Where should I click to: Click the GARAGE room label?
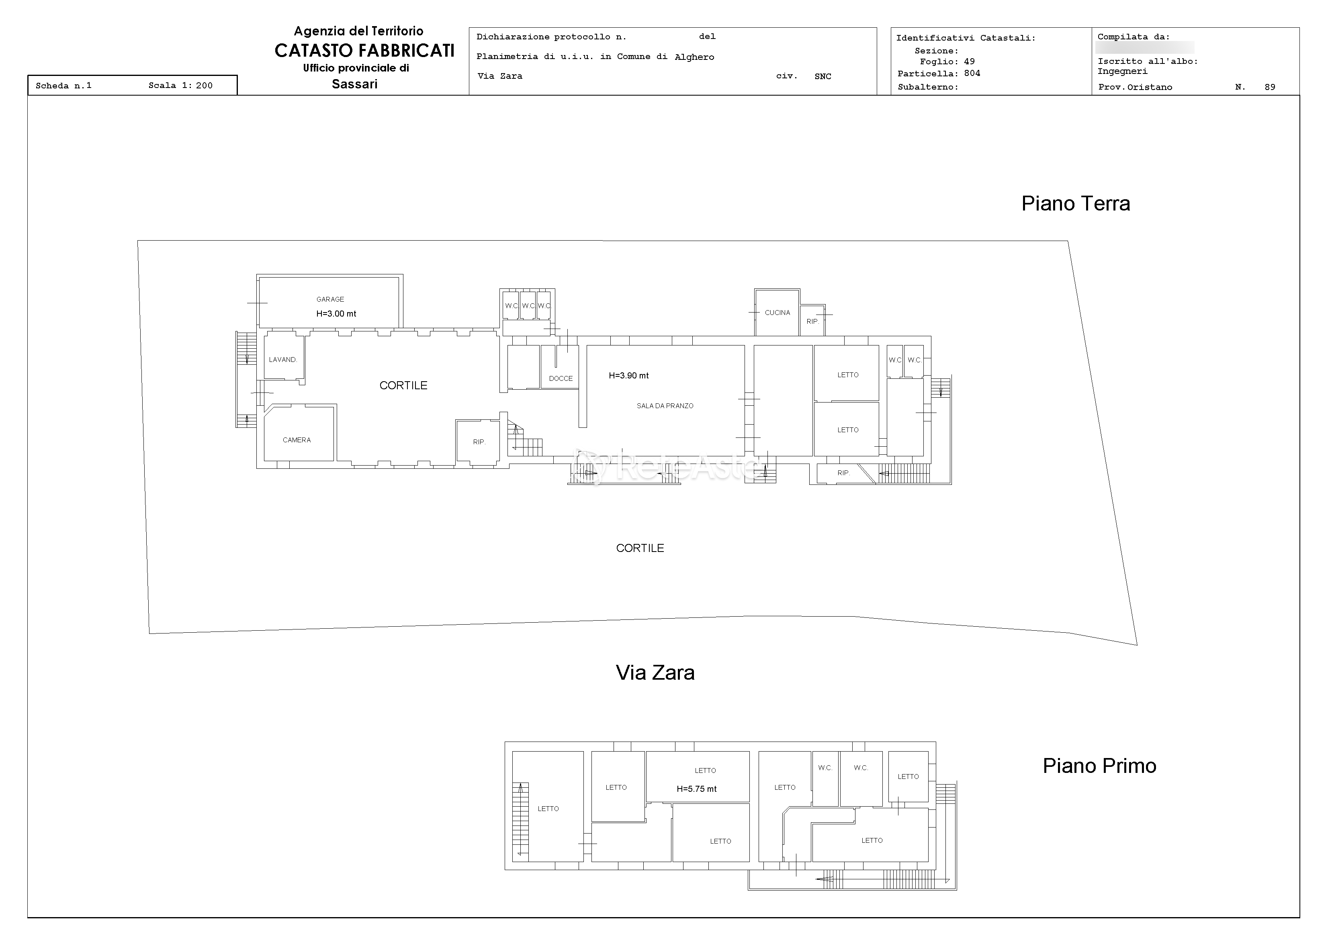point(330,299)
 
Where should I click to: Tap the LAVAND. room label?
point(283,360)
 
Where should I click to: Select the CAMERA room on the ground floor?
point(297,440)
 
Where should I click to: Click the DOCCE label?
point(561,379)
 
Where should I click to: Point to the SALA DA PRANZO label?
point(665,406)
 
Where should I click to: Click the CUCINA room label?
point(778,313)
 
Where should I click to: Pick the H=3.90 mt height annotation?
point(628,376)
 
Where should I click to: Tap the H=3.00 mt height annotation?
point(336,314)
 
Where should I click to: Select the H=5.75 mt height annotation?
point(697,789)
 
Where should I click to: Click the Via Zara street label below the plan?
point(655,672)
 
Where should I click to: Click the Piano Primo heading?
point(1099,766)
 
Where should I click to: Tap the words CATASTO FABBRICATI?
point(364,51)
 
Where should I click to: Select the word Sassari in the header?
point(354,84)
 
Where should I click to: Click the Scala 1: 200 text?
point(181,86)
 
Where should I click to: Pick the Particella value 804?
point(972,73)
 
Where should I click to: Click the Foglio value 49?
point(969,61)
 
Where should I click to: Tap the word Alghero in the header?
point(695,57)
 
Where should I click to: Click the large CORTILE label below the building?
point(640,548)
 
